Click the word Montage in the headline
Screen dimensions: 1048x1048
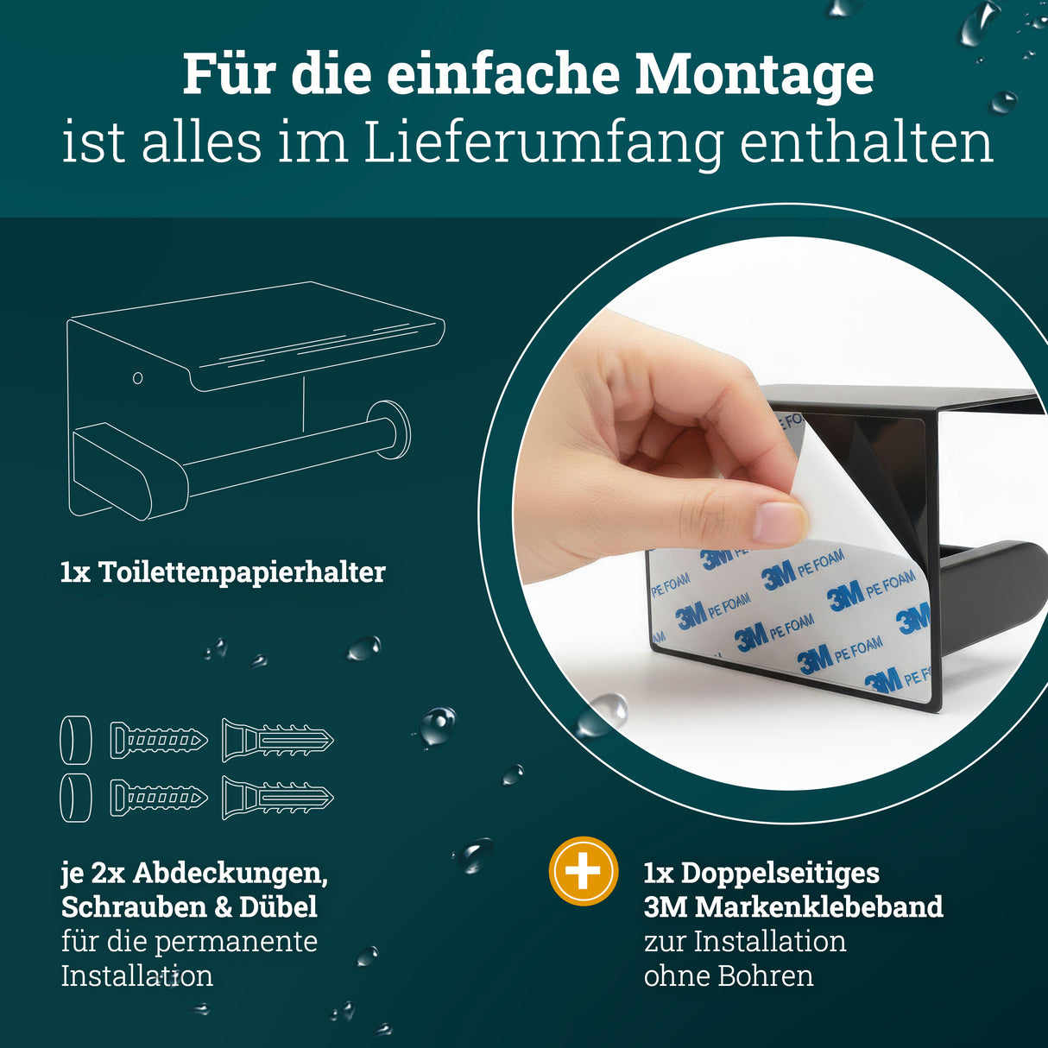pyautogui.click(x=754, y=76)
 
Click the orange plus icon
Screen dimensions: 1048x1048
pyautogui.click(x=584, y=871)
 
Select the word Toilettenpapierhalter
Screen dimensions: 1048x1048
pyautogui.click(x=242, y=572)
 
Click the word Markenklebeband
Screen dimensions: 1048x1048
pyautogui.click(x=818, y=907)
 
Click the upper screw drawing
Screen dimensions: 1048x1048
pyautogui.click(x=159, y=741)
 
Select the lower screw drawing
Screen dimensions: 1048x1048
pyautogui.click(x=159, y=798)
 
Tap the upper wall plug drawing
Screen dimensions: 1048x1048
pyautogui.click(x=277, y=741)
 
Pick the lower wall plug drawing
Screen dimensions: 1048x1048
pyautogui.click(x=277, y=798)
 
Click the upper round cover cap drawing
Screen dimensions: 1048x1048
pyautogui.click(x=76, y=740)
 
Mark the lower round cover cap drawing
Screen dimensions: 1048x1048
pyautogui.click(x=76, y=798)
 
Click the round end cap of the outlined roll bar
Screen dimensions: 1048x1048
pyautogui.click(x=389, y=429)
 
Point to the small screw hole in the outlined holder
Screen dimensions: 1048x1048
pyautogui.click(x=137, y=378)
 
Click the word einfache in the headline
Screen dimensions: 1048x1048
pyautogui.click(x=503, y=76)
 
